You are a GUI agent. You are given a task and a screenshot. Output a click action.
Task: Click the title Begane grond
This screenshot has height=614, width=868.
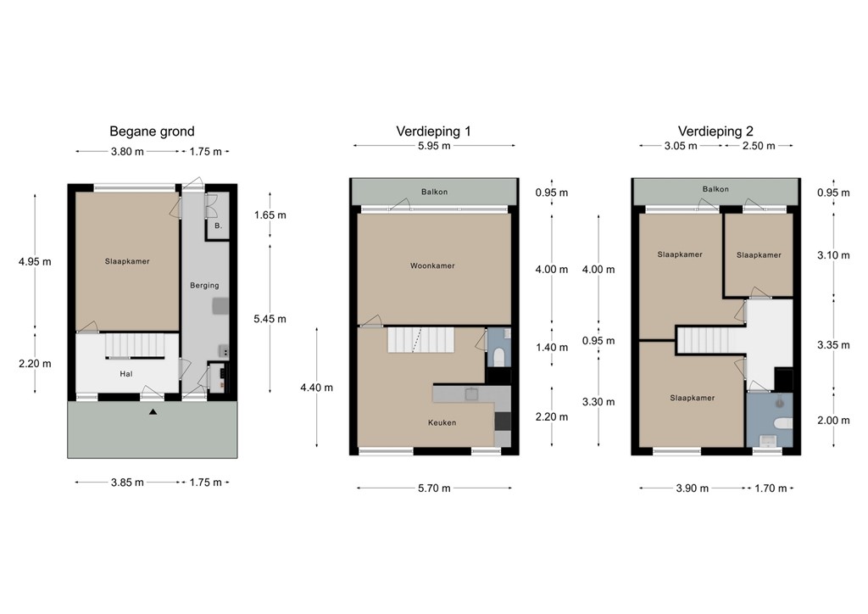152,131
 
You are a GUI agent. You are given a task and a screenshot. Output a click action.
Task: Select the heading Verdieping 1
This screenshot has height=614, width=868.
433,131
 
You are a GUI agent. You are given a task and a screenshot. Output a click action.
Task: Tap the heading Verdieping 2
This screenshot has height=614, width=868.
715,131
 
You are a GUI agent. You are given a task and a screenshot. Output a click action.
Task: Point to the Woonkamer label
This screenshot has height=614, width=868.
433,265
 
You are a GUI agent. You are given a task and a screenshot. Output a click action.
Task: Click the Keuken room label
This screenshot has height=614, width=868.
442,422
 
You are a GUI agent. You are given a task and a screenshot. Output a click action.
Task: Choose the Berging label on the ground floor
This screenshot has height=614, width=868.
204,286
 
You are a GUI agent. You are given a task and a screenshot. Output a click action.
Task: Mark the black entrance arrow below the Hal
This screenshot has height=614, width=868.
153,412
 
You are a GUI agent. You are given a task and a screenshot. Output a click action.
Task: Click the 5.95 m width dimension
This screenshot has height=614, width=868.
433,146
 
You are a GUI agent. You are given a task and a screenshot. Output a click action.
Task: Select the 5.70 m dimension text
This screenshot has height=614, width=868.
433,488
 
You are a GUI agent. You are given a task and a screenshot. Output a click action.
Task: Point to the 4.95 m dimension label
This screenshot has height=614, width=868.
35,261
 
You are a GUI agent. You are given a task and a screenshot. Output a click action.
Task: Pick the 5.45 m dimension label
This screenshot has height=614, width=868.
270,319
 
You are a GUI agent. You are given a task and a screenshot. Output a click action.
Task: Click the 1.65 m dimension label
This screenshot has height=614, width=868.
270,215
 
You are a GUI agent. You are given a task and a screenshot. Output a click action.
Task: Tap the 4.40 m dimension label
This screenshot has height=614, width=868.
316,388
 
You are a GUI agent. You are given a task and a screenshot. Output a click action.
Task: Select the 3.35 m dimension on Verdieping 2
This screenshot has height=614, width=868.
832,345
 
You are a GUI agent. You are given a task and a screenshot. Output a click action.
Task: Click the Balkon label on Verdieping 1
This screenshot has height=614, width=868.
434,192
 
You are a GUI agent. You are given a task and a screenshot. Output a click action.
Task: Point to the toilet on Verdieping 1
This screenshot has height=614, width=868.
500,354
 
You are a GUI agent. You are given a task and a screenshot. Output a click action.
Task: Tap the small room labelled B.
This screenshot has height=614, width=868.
218,226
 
